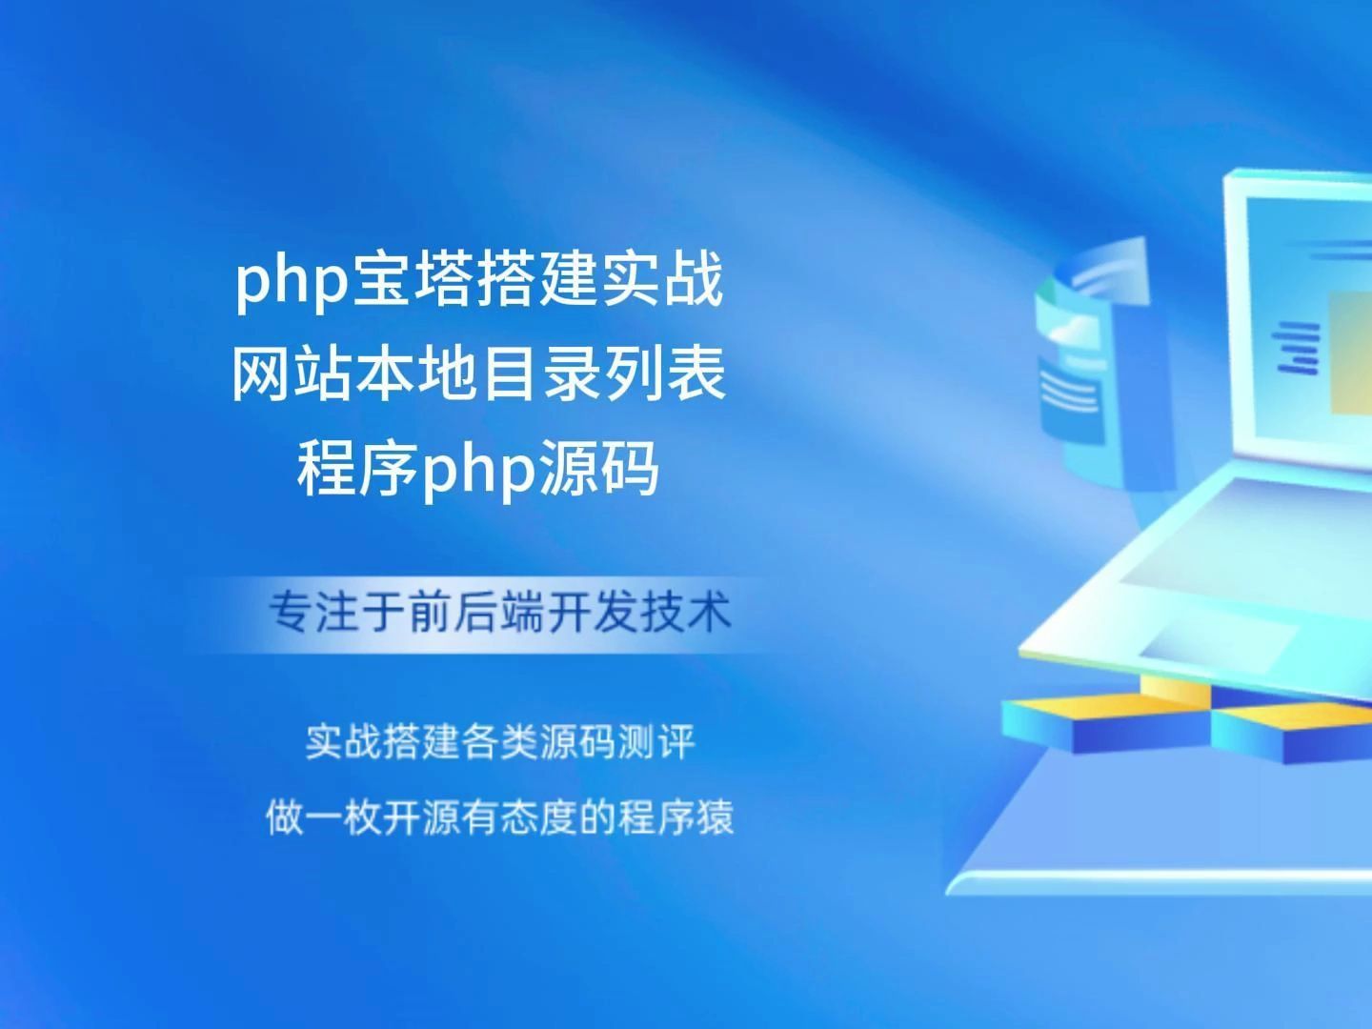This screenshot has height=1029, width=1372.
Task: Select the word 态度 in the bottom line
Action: pos(538,817)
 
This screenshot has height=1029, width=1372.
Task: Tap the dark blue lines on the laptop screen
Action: pos(1297,345)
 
